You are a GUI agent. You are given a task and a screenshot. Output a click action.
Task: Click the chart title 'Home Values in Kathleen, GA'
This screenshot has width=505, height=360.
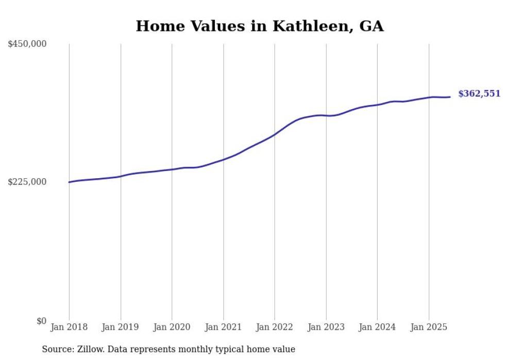click(x=260, y=26)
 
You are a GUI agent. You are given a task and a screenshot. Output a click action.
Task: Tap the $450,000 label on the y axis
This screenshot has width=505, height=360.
click(x=27, y=44)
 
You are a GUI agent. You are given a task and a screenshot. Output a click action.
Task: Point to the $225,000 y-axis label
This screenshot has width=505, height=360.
click(x=27, y=182)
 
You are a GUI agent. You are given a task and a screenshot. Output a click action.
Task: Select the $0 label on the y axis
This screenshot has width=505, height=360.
click(x=41, y=321)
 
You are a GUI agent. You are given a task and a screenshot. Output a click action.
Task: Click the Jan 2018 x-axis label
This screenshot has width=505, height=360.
click(x=69, y=327)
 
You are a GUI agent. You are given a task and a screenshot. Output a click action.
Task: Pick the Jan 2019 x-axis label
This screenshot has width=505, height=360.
click(x=121, y=327)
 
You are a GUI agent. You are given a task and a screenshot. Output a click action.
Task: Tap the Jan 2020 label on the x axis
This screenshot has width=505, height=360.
click(x=172, y=327)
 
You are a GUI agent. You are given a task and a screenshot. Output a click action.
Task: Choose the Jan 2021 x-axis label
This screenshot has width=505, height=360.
click(x=223, y=327)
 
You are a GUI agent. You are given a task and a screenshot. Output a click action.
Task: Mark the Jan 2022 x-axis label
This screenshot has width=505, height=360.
click(x=275, y=327)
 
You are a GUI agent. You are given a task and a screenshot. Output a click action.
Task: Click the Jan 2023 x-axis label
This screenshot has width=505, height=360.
click(x=326, y=327)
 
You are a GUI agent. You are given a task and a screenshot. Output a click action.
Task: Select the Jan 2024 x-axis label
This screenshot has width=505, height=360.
click(x=377, y=327)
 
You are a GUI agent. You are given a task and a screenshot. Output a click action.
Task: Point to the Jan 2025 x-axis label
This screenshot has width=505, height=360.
click(x=429, y=327)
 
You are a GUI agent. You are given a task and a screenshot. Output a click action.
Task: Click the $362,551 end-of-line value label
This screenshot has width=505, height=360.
click(x=479, y=94)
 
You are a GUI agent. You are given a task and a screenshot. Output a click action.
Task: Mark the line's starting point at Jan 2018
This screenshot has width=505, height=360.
click(x=69, y=182)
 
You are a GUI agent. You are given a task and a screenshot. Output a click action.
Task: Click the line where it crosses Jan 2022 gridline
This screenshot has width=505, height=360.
click(x=275, y=134)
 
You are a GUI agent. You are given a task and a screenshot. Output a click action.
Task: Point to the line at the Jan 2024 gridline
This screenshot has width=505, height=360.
click(x=377, y=105)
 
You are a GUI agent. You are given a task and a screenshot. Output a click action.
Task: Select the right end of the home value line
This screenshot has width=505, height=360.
click(x=450, y=97)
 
